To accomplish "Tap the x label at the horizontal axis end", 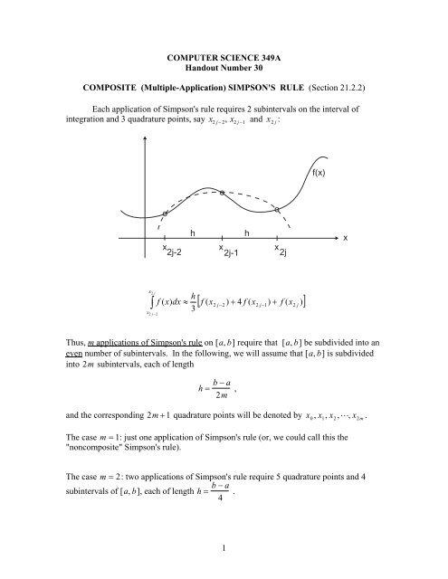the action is click(x=345, y=237).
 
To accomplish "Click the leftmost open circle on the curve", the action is click(x=164, y=214).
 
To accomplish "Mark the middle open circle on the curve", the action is click(x=222, y=193).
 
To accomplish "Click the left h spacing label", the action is click(x=193, y=233).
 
